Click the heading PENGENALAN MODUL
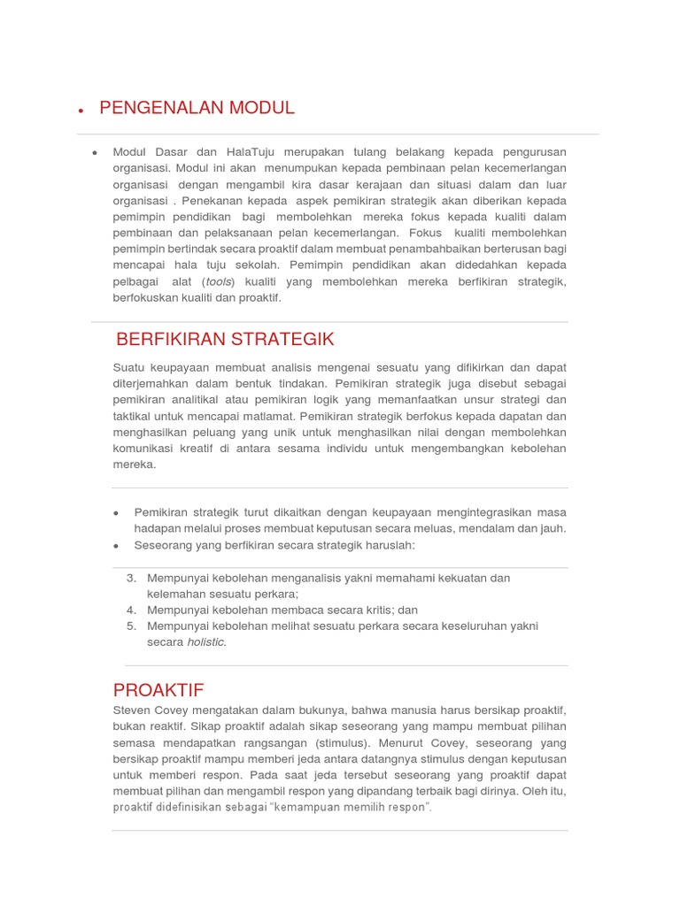tap(197, 108)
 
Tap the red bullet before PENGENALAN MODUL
tap(81, 111)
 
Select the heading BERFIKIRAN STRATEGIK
tap(225, 339)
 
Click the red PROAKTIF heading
tap(158, 690)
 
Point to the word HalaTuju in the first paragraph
tap(251, 152)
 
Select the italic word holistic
tap(206, 642)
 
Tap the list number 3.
tap(131, 579)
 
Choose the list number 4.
tap(131, 610)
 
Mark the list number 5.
tap(131, 626)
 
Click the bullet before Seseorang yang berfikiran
tap(117, 546)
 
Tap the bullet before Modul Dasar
tap(96, 153)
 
